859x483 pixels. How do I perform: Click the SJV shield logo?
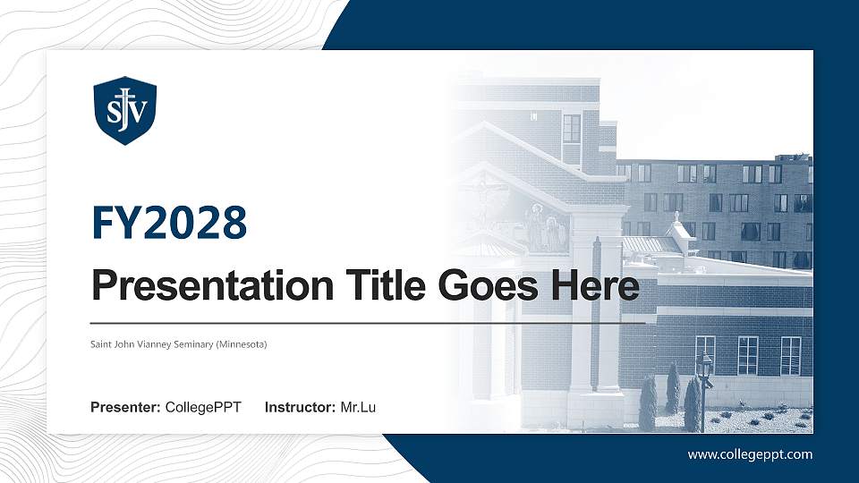coord(125,110)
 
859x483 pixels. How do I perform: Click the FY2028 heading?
coord(169,223)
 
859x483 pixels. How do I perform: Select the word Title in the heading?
coord(376,286)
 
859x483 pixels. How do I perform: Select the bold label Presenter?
coord(125,408)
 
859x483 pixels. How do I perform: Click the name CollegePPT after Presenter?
coord(203,408)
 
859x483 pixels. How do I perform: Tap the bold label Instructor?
coord(301,408)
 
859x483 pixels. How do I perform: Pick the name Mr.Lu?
coord(358,408)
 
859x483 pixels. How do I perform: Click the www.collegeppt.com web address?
coord(750,454)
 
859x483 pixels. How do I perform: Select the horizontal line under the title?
coord(358,323)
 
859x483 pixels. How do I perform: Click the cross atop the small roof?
coord(677,216)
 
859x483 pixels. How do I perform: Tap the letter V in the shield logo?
coord(138,112)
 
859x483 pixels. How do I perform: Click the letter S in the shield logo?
coord(114,112)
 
